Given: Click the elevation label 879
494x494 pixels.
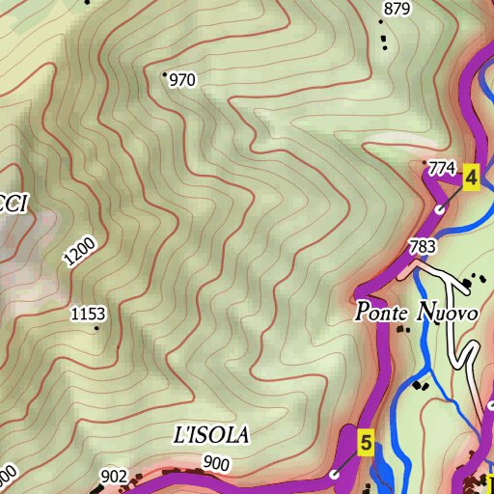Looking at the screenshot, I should click(397, 10).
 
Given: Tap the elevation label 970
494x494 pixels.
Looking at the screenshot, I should click(182, 81).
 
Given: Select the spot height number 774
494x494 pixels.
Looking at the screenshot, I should click(441, 169).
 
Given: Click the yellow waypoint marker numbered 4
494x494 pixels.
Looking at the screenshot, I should click(471, 178).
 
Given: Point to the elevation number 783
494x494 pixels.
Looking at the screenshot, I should click(423, 247).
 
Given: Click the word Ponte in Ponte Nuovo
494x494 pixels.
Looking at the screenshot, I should click(382, 314).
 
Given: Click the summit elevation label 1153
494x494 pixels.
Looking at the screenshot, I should click(89, 314).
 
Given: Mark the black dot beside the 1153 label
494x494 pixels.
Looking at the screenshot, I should click(96, 328).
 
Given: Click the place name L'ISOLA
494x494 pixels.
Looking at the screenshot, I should click(211, 435).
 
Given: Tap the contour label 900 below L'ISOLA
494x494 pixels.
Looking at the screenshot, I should click(217, 464).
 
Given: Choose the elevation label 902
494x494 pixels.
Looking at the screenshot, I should click(113, 476).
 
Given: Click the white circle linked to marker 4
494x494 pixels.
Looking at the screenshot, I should click(440, 208).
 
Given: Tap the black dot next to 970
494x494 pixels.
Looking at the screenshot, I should click(165, 73).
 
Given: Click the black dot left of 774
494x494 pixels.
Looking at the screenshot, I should click(425, 162).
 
